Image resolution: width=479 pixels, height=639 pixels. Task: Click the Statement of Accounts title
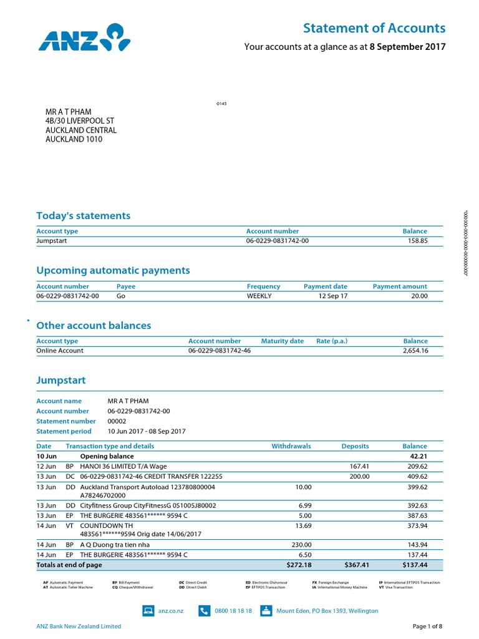pos(374,28)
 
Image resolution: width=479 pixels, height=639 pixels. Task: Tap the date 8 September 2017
pos(407,47)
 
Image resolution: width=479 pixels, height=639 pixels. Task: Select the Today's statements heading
pos(84,216)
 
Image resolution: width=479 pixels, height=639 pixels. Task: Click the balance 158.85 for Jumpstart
pos(415,241)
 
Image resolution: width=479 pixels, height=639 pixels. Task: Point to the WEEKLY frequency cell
pos(259,296)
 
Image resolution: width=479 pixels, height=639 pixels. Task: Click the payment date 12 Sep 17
pos(333,296)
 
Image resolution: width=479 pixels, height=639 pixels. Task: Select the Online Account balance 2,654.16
pos(412,351)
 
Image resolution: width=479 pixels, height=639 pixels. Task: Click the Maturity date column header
pos(283,341)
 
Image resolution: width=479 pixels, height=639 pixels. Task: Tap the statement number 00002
pos(117,421)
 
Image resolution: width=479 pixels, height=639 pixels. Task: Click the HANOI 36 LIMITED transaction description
pos(123,466)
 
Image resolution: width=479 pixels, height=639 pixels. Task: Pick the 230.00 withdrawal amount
pos(301,545)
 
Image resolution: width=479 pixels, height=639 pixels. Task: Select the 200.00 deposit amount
pos(359,476)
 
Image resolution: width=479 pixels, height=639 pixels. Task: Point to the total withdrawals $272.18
pos(298,565)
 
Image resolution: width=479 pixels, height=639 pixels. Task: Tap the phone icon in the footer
pos(205,611)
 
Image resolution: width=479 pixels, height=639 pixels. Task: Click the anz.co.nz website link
pos(171,611)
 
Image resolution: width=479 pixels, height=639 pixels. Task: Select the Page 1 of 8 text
pos(427,627)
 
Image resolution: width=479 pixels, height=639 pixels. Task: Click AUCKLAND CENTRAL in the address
pos(81,130)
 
